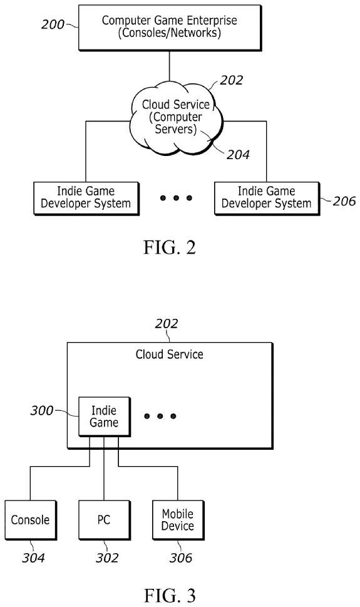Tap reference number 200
tap(53, 24)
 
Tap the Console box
tap(30, 519)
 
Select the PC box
tap(104, 519)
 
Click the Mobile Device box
tap(178, 519)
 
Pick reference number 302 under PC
tap(104, 558)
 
